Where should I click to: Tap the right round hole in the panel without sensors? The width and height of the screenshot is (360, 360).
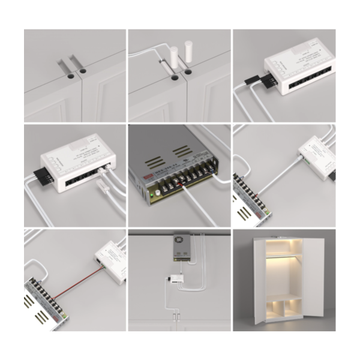82,71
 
